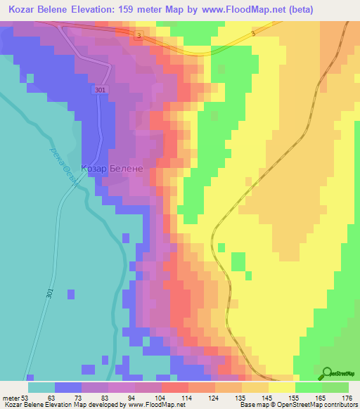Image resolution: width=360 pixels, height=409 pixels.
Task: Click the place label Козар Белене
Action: (x=112, y=169)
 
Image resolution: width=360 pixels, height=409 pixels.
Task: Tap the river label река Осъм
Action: (x=63, y=161)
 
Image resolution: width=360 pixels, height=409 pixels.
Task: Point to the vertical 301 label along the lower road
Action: (x=50, y=295)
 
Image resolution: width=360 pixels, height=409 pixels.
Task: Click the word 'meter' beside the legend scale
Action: (x=12, y=397)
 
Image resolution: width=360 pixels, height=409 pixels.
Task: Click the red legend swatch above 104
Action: (x=175, y=387)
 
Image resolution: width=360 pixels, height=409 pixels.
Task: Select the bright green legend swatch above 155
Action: (x=309, y=387)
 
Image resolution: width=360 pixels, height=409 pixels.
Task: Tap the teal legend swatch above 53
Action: (x=41, y=387)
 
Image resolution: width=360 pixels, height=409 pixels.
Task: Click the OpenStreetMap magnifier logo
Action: (x=328, y=373)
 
